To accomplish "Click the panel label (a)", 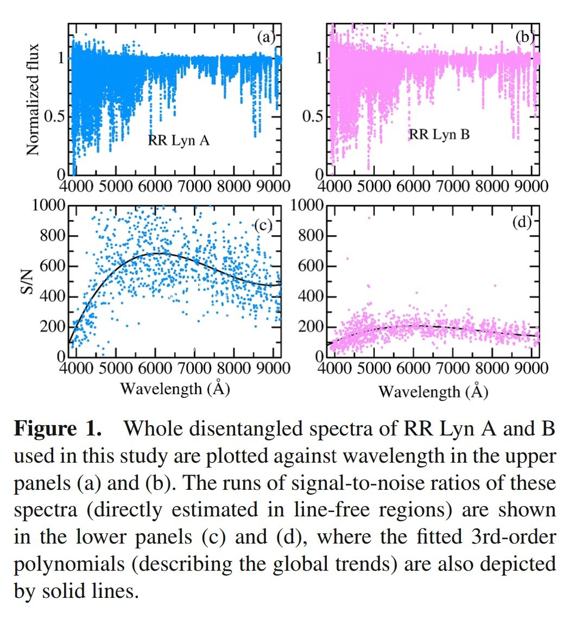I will pos(266,37).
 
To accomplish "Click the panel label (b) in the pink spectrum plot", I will pos(524,37).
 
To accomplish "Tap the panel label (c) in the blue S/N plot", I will pos(262,226).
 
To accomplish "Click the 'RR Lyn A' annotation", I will pos(179,141).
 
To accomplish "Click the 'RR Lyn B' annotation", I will pos(439,134).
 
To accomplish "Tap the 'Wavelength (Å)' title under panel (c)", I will pos(175,389).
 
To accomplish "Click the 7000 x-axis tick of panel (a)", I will pos(194,186).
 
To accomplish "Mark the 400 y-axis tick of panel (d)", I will pos(310,296).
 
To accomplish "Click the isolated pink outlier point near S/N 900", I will pos(369,218).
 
